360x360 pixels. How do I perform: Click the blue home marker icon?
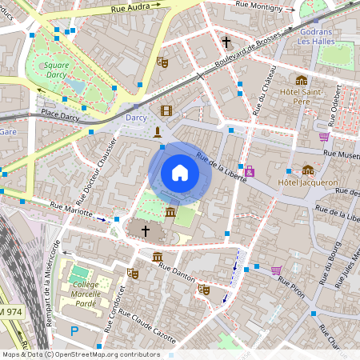pos(179,173)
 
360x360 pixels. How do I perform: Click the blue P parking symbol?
pos(75,330)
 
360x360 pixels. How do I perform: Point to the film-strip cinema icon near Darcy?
pos(166,110)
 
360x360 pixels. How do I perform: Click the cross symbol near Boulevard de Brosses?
pos(226,42)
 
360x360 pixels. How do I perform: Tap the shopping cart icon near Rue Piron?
pos(276,270)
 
